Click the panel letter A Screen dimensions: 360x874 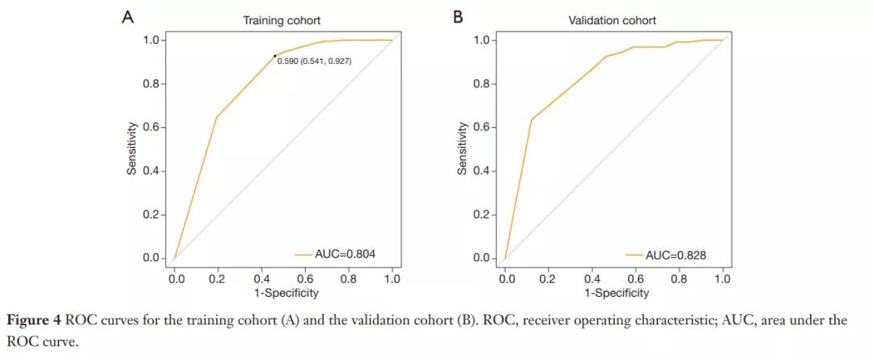pos(128,17)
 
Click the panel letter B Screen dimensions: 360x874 pos(458,17)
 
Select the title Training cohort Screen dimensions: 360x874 pos(276,20)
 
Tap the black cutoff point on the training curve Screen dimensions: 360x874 pos(275,56)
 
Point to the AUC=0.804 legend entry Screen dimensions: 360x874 pos(336,255)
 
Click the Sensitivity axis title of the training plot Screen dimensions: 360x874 pos(130,150)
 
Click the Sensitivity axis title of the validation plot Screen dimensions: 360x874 pos(461,150)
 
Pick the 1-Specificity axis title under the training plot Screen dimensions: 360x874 pos(284,293)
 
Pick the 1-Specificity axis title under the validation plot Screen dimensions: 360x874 pos(615,293)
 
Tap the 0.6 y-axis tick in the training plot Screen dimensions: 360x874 pos(151,128)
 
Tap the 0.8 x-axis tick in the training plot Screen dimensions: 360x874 pos(349,279)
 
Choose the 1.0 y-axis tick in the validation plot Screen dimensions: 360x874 pos(482,40)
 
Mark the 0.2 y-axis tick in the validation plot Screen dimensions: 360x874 pos(482,215)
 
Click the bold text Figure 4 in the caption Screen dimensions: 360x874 pos(33,320)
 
